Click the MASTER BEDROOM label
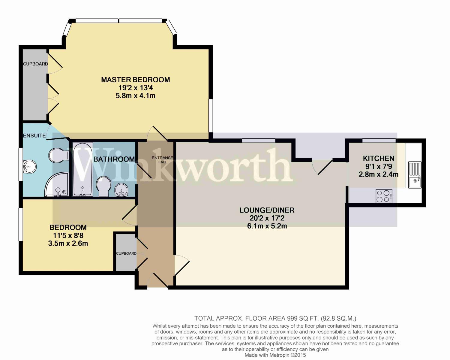(135, 80)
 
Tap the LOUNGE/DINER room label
(267, 210)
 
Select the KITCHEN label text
(378, 158)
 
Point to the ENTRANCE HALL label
(162, 160)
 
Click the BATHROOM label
(114, 159)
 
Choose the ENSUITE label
(34, 135)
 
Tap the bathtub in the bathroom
(82, 170)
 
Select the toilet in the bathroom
(104, 186)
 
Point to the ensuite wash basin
(29, 166)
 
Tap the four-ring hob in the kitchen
(384, 196)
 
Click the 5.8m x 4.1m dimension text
(136, 96)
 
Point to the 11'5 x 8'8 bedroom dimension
(68, 235)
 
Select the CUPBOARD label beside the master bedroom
(35, 64)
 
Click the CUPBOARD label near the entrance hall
(126, 253)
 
